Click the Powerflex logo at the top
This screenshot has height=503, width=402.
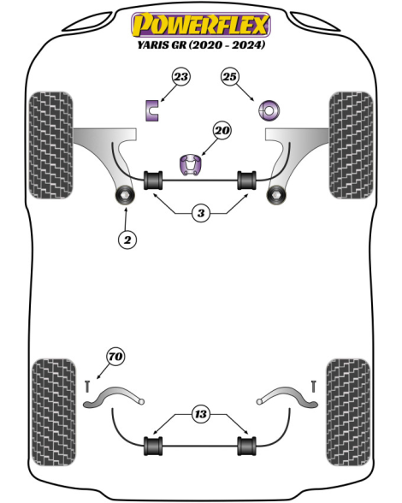tap(201, 24)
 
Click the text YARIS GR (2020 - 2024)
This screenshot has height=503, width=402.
tap(201, 44)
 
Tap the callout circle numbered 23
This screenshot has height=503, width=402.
tap(181, 77)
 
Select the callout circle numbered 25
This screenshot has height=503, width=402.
tap(230, 77)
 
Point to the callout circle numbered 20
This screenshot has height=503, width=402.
tap(222, 131)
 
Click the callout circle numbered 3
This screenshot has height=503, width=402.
tap(201, 213)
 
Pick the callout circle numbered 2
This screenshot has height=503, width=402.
tap(127, 240)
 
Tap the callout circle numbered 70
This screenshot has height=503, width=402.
tap(115, 357)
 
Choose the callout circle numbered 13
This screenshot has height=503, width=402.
tap(201, 414)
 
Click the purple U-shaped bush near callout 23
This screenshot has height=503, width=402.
tap(151, 110)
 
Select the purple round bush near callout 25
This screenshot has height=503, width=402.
tap(269, 110)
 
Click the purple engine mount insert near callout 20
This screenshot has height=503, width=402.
tap(192, 164)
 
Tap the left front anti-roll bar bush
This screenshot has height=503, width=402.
tap(153, 180)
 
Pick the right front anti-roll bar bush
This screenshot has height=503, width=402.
tap(246, 180)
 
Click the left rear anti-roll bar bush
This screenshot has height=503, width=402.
tap(153, 446)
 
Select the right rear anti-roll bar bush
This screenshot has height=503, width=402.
tap(246, 446)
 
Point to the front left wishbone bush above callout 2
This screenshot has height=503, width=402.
tap(125, 195)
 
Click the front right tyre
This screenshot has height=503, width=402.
tap(351, 145)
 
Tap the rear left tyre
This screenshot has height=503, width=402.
tap(54, 412)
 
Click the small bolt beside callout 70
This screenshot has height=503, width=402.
tap(87, 386)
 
